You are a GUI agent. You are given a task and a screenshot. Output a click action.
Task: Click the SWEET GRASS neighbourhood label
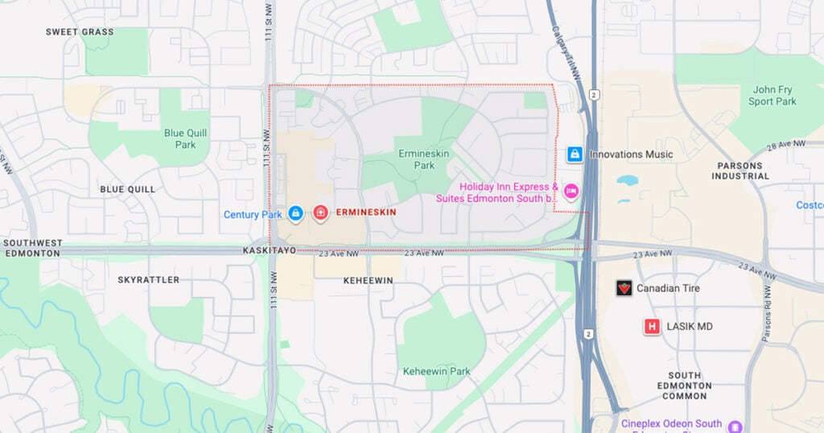coord(79,32)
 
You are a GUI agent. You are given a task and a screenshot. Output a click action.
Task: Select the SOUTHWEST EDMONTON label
coord(32,248)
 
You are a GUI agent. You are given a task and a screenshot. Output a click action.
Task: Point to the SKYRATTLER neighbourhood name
coord(148,280)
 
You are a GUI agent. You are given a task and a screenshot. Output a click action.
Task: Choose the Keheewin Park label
coord(436,372)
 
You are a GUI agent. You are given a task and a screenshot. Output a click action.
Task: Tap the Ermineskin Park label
coord(417,159)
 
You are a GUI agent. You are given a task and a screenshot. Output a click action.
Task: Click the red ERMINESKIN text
coord(366,212)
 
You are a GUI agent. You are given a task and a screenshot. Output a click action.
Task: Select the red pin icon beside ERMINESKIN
coord(320,212)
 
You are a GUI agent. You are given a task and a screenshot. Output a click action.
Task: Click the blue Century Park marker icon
coord(295,213)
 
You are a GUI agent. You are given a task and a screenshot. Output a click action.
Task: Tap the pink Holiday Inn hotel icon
coord(571,190)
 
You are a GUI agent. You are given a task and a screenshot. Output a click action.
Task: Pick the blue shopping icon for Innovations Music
coord(575,154)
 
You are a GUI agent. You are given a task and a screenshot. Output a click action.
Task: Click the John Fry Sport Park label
coord(772,96)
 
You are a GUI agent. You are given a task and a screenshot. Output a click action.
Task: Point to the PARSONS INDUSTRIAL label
coord(740,171)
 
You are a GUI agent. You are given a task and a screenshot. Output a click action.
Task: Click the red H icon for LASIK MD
coord(652,327)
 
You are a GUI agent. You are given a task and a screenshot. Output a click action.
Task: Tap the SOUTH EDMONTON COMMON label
coord(684,386)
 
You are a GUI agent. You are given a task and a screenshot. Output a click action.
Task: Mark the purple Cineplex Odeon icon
coord(734,425)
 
